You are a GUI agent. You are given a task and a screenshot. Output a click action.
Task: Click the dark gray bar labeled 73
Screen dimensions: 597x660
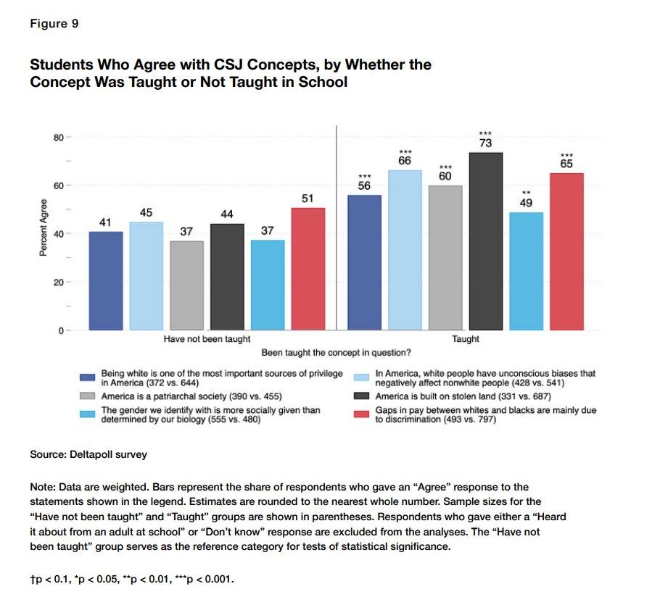pyautogui.click(x=486, y=241)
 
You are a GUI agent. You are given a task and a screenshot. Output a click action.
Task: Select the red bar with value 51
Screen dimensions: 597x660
pyautogui.click(x=308, y=269)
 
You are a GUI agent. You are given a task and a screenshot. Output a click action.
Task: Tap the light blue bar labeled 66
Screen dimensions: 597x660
pyautogui.click(x=405, y=250)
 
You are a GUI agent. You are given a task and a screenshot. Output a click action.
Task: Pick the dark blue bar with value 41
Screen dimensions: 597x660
pyautogui.click(x=106, y=280)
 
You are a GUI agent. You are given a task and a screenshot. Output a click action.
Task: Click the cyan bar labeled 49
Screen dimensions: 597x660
pyautogui.click(x=527, y=271)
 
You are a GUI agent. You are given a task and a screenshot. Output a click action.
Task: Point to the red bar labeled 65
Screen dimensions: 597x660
pyautogui.click(x=566, y=251)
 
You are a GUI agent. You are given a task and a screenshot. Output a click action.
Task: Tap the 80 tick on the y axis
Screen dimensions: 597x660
pyautogui.click(x=58, y=137)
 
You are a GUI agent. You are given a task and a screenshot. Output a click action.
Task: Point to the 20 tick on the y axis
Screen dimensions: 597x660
pyautogui.click(x=58, y=283)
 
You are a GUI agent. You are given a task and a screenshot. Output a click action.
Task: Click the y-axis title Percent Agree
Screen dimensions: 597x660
pyautogui.click(x=44, y=229)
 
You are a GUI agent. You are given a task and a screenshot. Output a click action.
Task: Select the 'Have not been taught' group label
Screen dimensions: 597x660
pyautogui.click(x=207, y=338)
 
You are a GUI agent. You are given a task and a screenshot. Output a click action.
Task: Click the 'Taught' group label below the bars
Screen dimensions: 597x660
pyautogui.click(x=466, y=338)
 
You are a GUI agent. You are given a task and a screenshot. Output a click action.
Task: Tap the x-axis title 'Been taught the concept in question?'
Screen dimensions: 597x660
pyautogui.click(x=337, y=353)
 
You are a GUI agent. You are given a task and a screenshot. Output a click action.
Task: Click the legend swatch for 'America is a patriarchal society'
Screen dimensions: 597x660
pyautogui.click(x=87, y=396)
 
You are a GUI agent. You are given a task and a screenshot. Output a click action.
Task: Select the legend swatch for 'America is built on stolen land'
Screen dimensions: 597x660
pyautogui.click(x=363, y=396)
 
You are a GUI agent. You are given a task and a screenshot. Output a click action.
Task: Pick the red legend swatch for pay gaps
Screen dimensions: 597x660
pyautogui.click(x=363, y=414)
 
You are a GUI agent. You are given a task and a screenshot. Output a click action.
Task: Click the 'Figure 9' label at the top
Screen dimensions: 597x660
pyautogui.click(x=54, y=24)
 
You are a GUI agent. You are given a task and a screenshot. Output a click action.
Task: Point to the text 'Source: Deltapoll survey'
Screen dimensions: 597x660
pyautogui.click(x=88, y=455)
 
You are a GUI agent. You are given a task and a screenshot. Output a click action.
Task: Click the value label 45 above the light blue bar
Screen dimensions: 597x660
pyautogui.click(x=146, y=212)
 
